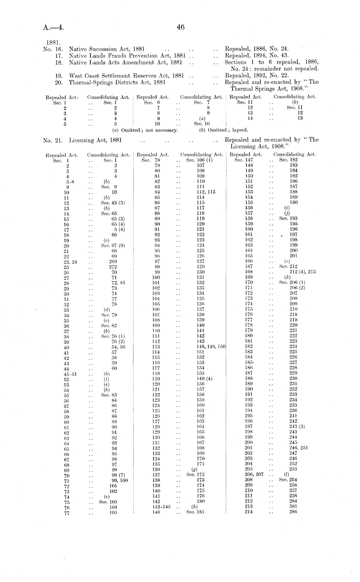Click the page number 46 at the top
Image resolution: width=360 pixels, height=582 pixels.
click(181, 27)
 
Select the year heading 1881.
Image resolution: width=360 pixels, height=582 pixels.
click(52, 42)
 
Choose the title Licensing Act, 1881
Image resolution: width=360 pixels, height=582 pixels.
click(95, 140)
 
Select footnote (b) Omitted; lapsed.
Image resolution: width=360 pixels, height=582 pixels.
click(224, 130)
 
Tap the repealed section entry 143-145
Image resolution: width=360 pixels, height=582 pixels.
click(161, 506)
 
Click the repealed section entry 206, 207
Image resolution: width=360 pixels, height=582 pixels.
click(254, 474)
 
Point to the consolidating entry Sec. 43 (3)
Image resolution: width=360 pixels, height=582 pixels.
click(113, 203)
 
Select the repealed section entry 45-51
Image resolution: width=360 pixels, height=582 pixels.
click(70, 374)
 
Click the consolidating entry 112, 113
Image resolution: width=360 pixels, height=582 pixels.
click(206, 192)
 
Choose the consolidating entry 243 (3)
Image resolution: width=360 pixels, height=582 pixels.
click(297, 426)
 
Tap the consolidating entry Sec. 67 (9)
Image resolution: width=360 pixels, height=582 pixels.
click(113, 245)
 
